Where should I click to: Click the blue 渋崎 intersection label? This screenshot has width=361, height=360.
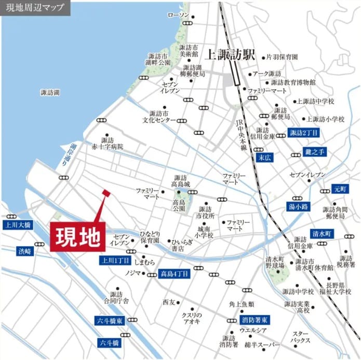pyautogui.click(x=24, y=251)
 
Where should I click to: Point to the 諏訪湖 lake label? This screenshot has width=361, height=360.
pyautogui.click(x=50, y=92)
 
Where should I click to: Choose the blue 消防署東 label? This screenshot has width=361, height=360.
pyautogui.click(x=255, y=320)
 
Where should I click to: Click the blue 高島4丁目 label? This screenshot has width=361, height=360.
pyautogui.click(x=175, y=273)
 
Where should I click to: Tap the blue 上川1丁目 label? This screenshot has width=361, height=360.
pyautogui.click(x=115, y=260)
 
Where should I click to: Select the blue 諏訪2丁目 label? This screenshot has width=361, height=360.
pyautogui.click(x=304, y=133)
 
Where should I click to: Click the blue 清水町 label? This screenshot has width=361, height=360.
pyautogui.click(x=322, y=233)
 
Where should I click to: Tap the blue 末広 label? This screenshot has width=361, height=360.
pyautogui.click(x=265, y=156)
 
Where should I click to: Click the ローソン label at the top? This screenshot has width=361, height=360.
pyautogui.click(x=178, y=15)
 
